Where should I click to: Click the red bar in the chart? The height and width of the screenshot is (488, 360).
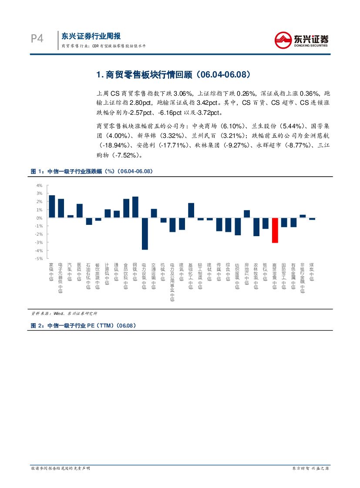point(275,230)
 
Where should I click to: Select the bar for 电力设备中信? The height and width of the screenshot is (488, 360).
point(145,234)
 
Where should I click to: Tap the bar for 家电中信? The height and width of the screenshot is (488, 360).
point(52,206)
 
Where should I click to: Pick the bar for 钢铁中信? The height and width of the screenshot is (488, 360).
point(135,207)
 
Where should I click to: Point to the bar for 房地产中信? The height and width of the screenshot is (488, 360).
point(247,214)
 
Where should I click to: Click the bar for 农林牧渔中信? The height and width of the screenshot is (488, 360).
point(256,227)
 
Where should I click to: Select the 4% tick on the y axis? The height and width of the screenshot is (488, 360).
point(40,185)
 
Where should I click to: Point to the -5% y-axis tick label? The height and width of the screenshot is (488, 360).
point(39,259)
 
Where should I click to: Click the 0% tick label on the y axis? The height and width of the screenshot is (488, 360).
point(40,218)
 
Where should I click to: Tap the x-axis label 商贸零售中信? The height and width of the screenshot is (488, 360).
point(274,275)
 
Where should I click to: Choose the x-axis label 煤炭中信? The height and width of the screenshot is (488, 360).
point(312,271)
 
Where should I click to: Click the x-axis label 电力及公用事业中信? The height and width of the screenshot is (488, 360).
point(172,282)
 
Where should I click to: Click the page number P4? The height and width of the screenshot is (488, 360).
point(37,39)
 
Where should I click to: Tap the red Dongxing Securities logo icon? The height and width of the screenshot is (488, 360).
point(284,40)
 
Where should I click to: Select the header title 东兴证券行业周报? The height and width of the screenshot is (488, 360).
point(91,36)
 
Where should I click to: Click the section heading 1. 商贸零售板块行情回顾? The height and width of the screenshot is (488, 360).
point(173,75)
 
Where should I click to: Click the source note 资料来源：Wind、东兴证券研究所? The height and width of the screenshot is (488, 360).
point(64,313)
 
